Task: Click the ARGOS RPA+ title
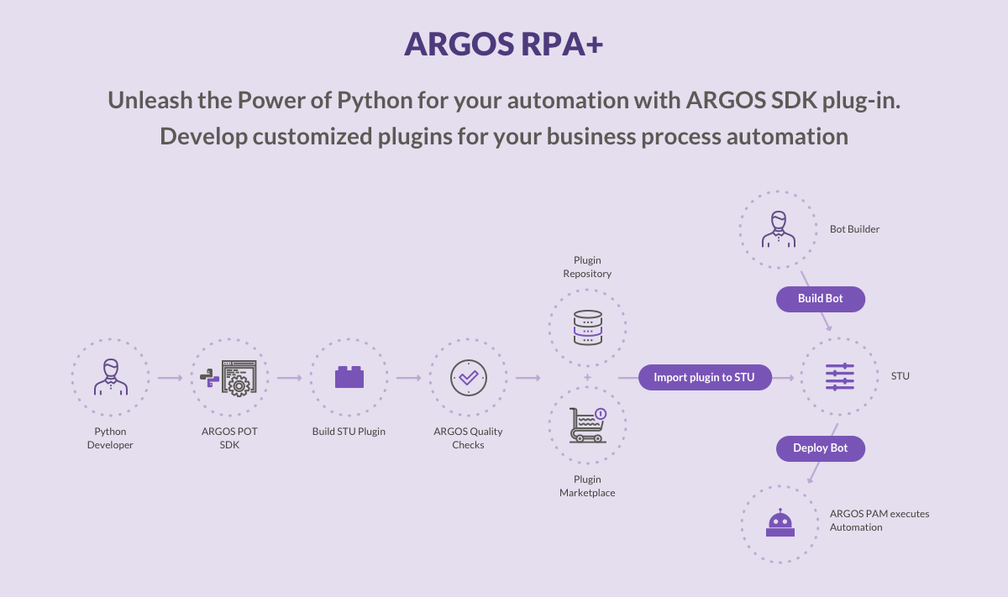coord(503,45)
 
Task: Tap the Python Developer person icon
coord(111,378)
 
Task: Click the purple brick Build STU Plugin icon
coord(349,377)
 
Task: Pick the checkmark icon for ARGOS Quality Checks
coord(468,378)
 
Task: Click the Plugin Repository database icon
coord(587,327)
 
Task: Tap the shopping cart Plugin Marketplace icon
coord(587,425)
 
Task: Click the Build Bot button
coord(820,299)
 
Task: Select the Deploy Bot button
coord(820,448)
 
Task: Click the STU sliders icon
coord(840,377)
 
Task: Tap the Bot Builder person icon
coord(778,229)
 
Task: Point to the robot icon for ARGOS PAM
coord(780,524)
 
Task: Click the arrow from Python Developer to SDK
coord(171,378)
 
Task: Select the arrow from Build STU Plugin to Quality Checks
coord(409,378)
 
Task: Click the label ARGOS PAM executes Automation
coord(879,521)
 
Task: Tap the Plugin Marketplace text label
coord(587,486)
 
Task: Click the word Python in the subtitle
coord(375,100)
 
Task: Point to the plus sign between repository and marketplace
coord(587,377)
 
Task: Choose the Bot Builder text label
coord(854,229)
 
